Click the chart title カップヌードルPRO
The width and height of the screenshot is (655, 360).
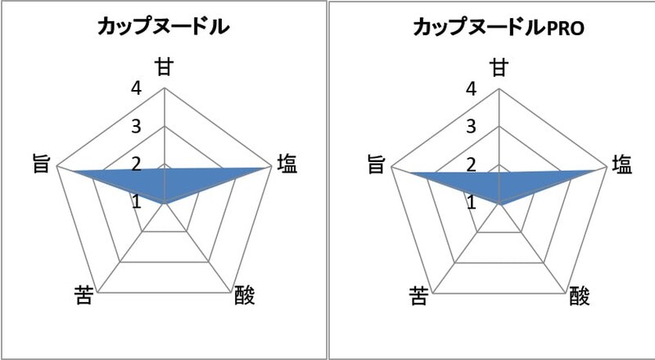pyautogui.click(x=499, y=28)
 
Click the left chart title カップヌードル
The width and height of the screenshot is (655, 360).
pyautogui.click(x=163, y=27)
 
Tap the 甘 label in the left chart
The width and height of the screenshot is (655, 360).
pyautogui.click(x=165, y=67)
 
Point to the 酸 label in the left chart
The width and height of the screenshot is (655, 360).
pyautogui.click(x=244, y=295)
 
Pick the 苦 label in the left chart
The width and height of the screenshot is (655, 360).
pyautogui.click(x=84, y=295)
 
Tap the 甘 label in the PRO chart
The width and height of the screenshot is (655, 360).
pyautogui.click(x=499, y=67)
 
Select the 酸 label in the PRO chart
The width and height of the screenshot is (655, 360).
pyautogui.click(x=580, y=296)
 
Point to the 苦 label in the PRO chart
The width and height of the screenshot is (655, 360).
pyautogui.click(x=418, y=296)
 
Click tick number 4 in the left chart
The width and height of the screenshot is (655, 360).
pyautogui.click(x=136, y=88)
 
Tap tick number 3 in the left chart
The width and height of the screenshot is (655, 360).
pyautogui.click(x=136, y=126)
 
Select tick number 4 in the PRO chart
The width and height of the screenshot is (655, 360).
pyautogui.click(x=471, y=88)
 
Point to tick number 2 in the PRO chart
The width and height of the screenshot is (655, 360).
pyautogui.click(x=471, y=165)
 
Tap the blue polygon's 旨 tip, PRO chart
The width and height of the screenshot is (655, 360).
pyautogui.click(x=409, y=173)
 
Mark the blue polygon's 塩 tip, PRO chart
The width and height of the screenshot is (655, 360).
pyautogui.click(x=595, y=170)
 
